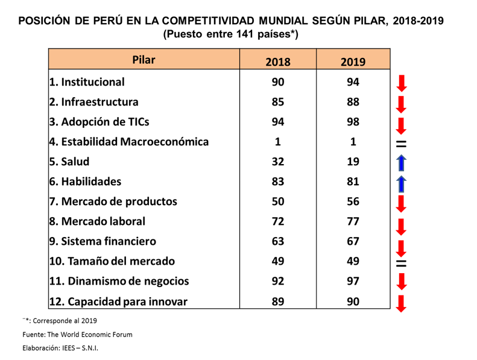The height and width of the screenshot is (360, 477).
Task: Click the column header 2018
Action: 277,62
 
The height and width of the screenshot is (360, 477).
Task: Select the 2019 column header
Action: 353,62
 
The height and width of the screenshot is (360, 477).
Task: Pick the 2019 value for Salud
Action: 353,162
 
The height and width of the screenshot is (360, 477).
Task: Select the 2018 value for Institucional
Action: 277,82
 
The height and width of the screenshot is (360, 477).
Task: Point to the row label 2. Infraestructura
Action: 94,102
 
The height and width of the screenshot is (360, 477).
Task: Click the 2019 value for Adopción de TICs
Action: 353,122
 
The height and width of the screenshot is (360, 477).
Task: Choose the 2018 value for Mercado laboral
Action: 277,221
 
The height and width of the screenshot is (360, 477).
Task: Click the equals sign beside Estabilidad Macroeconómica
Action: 402,144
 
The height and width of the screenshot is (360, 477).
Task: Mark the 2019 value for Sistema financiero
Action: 353,241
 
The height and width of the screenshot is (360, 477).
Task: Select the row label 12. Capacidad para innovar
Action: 118,301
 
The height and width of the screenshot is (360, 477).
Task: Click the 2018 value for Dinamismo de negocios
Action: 277,281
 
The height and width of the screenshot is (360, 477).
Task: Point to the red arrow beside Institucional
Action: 402,84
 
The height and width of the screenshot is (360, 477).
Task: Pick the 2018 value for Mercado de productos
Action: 277,201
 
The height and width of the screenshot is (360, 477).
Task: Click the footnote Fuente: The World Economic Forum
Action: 77,334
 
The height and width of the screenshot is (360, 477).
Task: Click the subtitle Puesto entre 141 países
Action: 231,35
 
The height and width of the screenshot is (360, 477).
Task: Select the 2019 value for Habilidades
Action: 353,182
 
